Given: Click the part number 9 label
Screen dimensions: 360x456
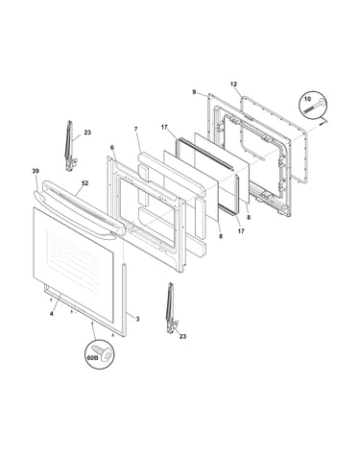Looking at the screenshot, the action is pos(194,92).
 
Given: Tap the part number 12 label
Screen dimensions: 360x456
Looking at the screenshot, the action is pos(233,84).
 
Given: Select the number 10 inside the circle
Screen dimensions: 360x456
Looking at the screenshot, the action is pos(307,99).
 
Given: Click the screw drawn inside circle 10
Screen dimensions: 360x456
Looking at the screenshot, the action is pos(315,107).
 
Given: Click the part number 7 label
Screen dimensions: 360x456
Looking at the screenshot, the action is pos(135,129).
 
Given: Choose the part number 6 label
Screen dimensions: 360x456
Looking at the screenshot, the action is pos(111,148).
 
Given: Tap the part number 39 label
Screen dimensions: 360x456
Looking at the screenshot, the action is pos(36,171).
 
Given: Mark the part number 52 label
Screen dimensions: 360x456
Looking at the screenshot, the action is pos(84,183).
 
